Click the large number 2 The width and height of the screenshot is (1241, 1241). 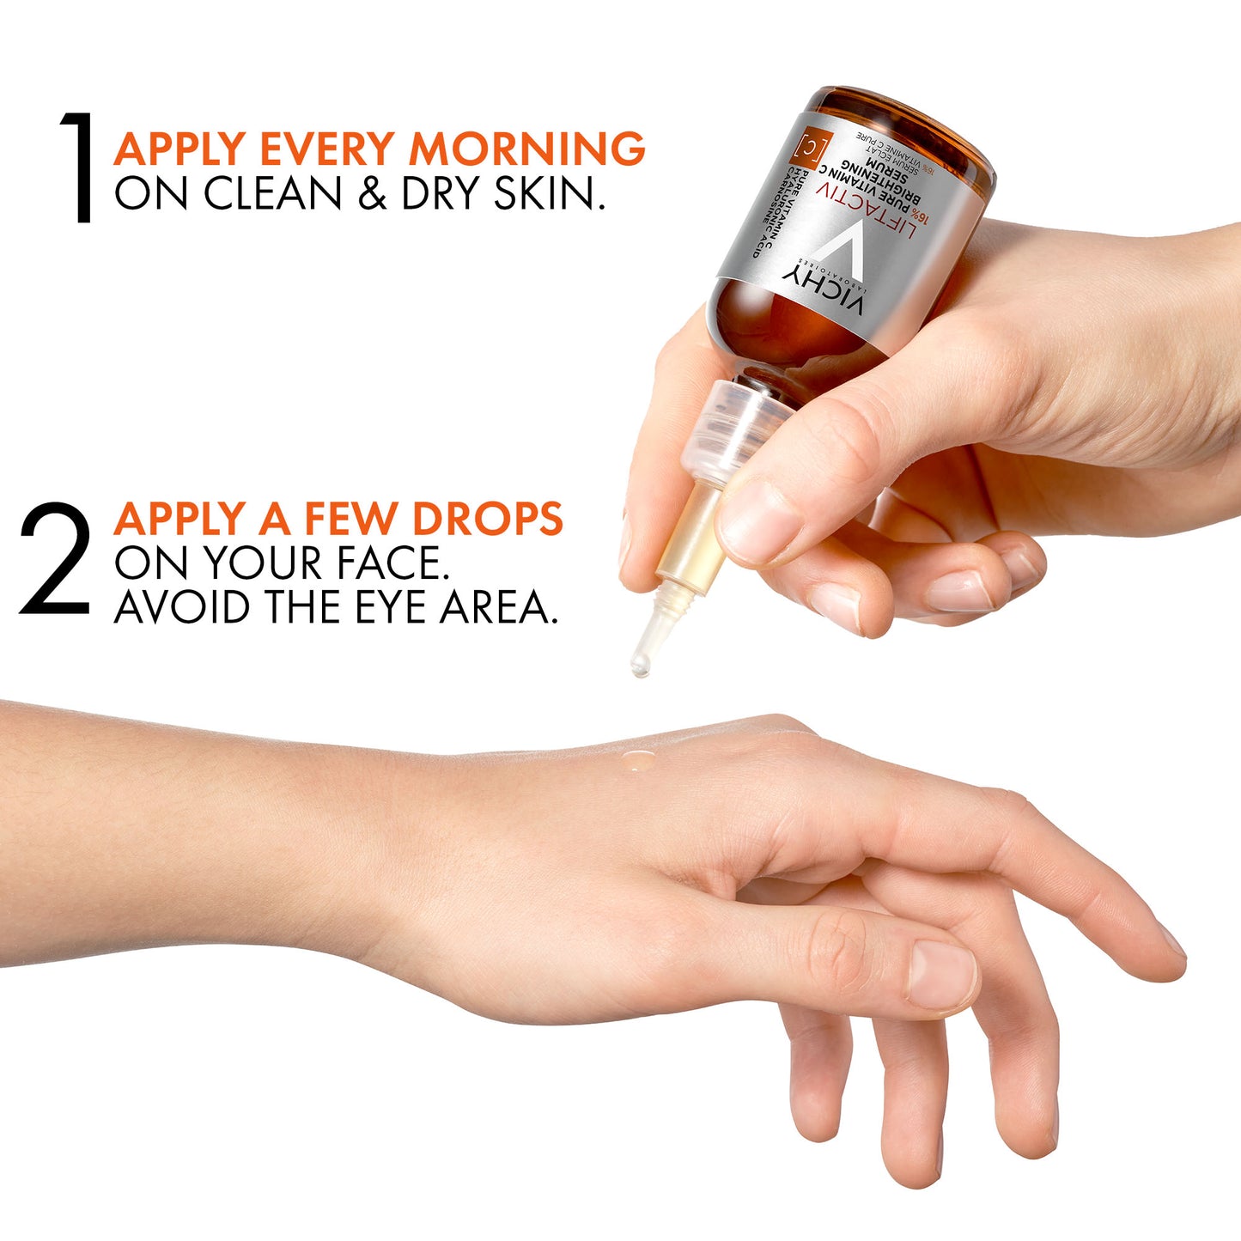[x=55, y=560]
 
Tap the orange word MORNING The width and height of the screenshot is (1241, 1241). [x=526, y=149]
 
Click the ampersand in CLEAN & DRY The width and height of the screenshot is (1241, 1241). [x=371, y=193]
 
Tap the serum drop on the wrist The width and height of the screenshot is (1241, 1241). [x=638, y=759]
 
